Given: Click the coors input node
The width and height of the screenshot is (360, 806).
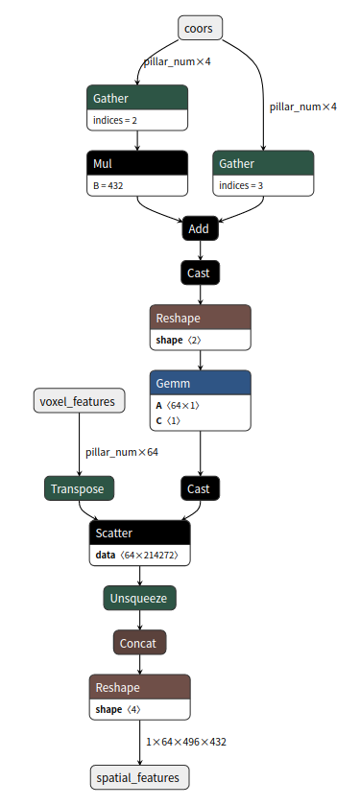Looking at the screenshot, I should tap(200, 28).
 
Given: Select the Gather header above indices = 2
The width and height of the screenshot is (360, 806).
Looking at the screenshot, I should tap(136, 98).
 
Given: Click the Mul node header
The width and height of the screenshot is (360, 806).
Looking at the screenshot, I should tap(136, 162).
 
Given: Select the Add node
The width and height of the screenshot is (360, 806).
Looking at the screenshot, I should tap(200, 228).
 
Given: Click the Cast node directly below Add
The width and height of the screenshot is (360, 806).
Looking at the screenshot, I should tap(200, 273).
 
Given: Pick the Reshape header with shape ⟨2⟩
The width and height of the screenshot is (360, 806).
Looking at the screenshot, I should tap(200, 317).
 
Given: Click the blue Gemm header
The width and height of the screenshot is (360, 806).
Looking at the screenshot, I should tap(200, 383).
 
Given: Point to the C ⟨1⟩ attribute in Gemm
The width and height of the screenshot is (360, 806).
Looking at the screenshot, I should tap(173, 421).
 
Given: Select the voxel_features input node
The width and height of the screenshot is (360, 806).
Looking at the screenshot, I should tap(80, 401).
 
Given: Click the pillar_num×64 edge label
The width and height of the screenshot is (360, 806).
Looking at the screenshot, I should tap(121, 452).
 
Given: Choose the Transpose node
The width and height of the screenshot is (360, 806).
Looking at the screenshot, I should tap(80, 488).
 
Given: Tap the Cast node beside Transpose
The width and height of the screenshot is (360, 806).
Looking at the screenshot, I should tap(200, 488).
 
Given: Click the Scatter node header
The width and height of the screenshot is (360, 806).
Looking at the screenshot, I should tap(140, 533).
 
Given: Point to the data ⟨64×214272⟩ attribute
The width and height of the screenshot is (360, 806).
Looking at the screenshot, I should tap(136, 556).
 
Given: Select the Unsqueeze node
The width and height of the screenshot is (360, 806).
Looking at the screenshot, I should tap(140, 598).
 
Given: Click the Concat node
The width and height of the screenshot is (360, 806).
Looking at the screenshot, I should tap(140, 642).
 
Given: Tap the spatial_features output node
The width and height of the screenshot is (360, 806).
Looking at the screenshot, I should tap(140, 776).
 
